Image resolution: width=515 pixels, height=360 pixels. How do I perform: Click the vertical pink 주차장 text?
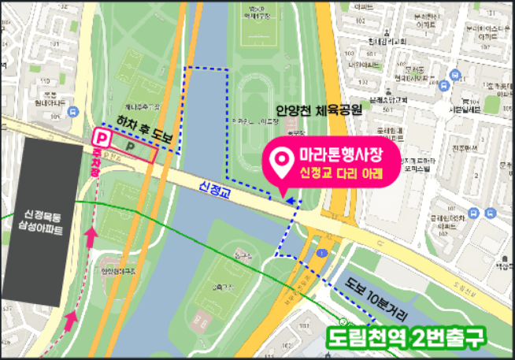[x=98, y=161]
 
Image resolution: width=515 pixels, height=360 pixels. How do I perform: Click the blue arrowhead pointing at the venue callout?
[x=294, y=202]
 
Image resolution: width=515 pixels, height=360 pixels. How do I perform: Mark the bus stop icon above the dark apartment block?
[x=73, y=112]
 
